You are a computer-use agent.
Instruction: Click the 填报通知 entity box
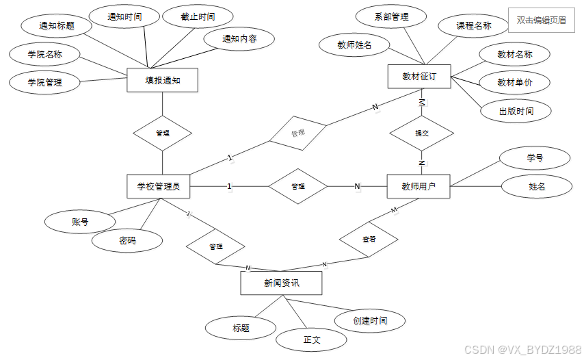tap(162, 80)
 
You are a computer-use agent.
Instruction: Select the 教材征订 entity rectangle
tap(420, 77)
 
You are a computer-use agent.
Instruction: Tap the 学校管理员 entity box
tap(159, 185)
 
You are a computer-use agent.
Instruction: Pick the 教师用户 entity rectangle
tap(419, 185)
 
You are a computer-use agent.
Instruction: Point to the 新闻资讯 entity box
tap(281, 283)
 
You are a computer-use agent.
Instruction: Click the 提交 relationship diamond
tap(422, 133)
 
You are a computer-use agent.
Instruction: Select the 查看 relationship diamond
tap(369, 239)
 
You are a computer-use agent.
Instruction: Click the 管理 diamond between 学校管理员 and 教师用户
tap(298, 186)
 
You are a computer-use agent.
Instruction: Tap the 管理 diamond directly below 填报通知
tap(162, 133)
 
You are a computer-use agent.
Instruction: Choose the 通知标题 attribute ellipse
tap(57, 26)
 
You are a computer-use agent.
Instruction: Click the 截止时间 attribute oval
tap(198, 16)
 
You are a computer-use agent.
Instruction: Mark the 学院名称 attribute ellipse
tap(44, 54)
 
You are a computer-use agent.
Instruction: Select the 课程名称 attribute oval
tap(474, 26)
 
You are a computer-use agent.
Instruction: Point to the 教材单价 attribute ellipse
tap(515, 82)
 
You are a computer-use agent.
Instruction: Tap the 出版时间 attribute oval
tap(516, 111)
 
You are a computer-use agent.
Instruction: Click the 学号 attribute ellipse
tap(535, 157)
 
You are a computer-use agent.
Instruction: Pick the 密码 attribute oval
tap(127, 240)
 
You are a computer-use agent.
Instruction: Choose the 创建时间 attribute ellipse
tap(370, 320)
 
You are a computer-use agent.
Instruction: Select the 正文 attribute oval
tap(312, 339)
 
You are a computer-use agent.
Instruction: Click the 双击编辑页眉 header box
tap(541, 21)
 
